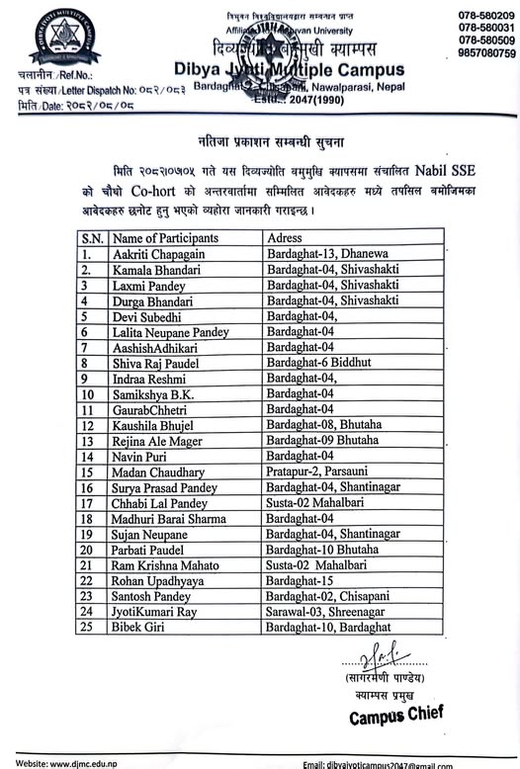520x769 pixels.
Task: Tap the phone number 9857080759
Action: coord(487,53)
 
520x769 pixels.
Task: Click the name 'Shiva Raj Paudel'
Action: coord(154,364)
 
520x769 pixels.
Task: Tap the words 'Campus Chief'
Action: coord(395,714)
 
